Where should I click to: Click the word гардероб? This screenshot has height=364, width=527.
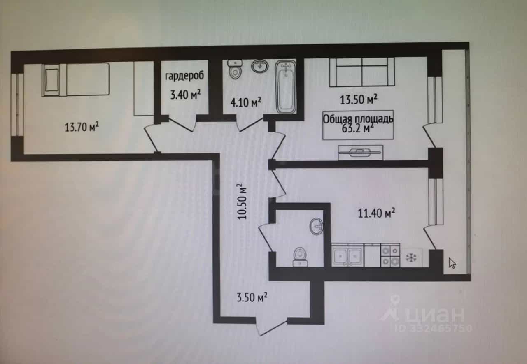pos(184,76)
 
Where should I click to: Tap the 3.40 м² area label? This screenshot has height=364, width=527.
pos(185,95)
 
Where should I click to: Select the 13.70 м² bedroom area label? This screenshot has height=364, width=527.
pos(82,127)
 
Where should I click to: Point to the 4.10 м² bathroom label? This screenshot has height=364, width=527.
pos(246,102)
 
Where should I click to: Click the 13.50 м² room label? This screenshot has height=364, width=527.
pos(359,100)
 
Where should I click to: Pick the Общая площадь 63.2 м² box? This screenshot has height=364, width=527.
pos(358,125)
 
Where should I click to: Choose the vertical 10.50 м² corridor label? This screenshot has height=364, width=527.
pos(242,202)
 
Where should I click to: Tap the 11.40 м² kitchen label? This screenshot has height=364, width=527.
pos(376,213)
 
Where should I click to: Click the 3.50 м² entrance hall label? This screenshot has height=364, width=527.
pos(252,297)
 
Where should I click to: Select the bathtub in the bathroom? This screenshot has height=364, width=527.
pos(286,87)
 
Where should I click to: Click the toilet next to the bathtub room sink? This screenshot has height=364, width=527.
pos(235,70)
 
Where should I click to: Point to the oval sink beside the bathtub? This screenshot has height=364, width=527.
pos(260,66)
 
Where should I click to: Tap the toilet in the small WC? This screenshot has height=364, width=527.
pos(300,257)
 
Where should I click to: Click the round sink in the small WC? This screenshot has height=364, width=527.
pos(316,226)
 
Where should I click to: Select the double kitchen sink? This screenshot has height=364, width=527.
pos(347,255)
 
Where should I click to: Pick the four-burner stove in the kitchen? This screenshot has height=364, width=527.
pos(390,255)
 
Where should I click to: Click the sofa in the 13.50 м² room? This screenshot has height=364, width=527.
pos(362,72)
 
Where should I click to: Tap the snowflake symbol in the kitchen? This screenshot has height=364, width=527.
pos(411,258)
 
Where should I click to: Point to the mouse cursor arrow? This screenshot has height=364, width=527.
pos(452,263)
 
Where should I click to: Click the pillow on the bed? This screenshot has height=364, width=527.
pos(52,80)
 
